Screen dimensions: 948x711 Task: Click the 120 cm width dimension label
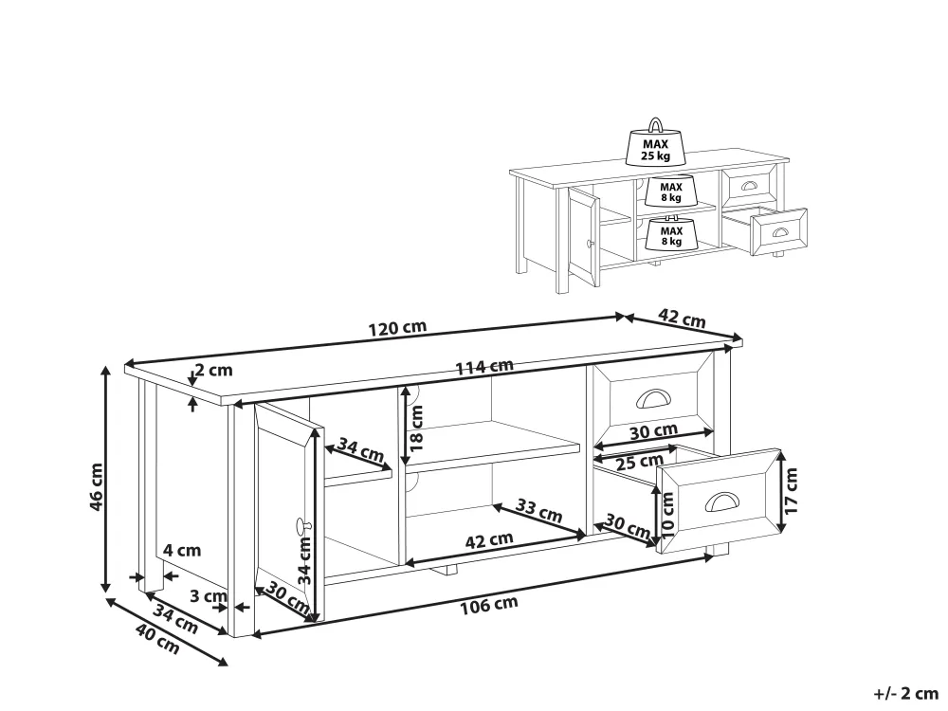(397, 328)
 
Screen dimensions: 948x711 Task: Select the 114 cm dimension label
(484, 367)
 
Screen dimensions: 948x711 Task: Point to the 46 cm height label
(96, 486)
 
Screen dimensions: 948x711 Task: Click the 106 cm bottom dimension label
(489, 605)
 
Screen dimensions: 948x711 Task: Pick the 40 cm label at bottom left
(157, 640)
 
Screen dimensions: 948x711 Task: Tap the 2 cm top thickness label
(213, 370)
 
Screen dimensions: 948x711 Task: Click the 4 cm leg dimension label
(182, 550)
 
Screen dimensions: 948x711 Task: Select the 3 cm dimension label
(208, 596)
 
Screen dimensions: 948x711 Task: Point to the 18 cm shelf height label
(416, 428)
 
